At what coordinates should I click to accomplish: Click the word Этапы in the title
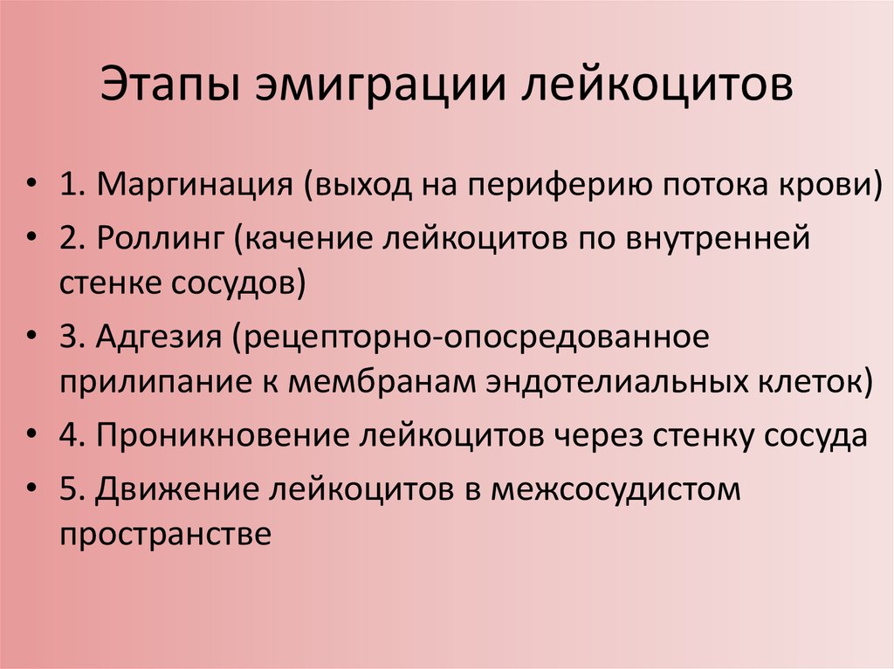[170, 85]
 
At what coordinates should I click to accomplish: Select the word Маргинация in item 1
[195, 185]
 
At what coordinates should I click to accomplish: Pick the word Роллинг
[161, 238]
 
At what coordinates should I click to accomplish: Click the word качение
[308, 238]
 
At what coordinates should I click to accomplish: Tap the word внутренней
[718, 238]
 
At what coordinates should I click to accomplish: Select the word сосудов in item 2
[232, 283]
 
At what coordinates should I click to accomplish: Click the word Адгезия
[159, 338]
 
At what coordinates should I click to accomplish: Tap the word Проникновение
[223, 436]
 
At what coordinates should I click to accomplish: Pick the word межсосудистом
[615, 489]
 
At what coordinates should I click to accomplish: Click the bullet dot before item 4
[32, 434]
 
